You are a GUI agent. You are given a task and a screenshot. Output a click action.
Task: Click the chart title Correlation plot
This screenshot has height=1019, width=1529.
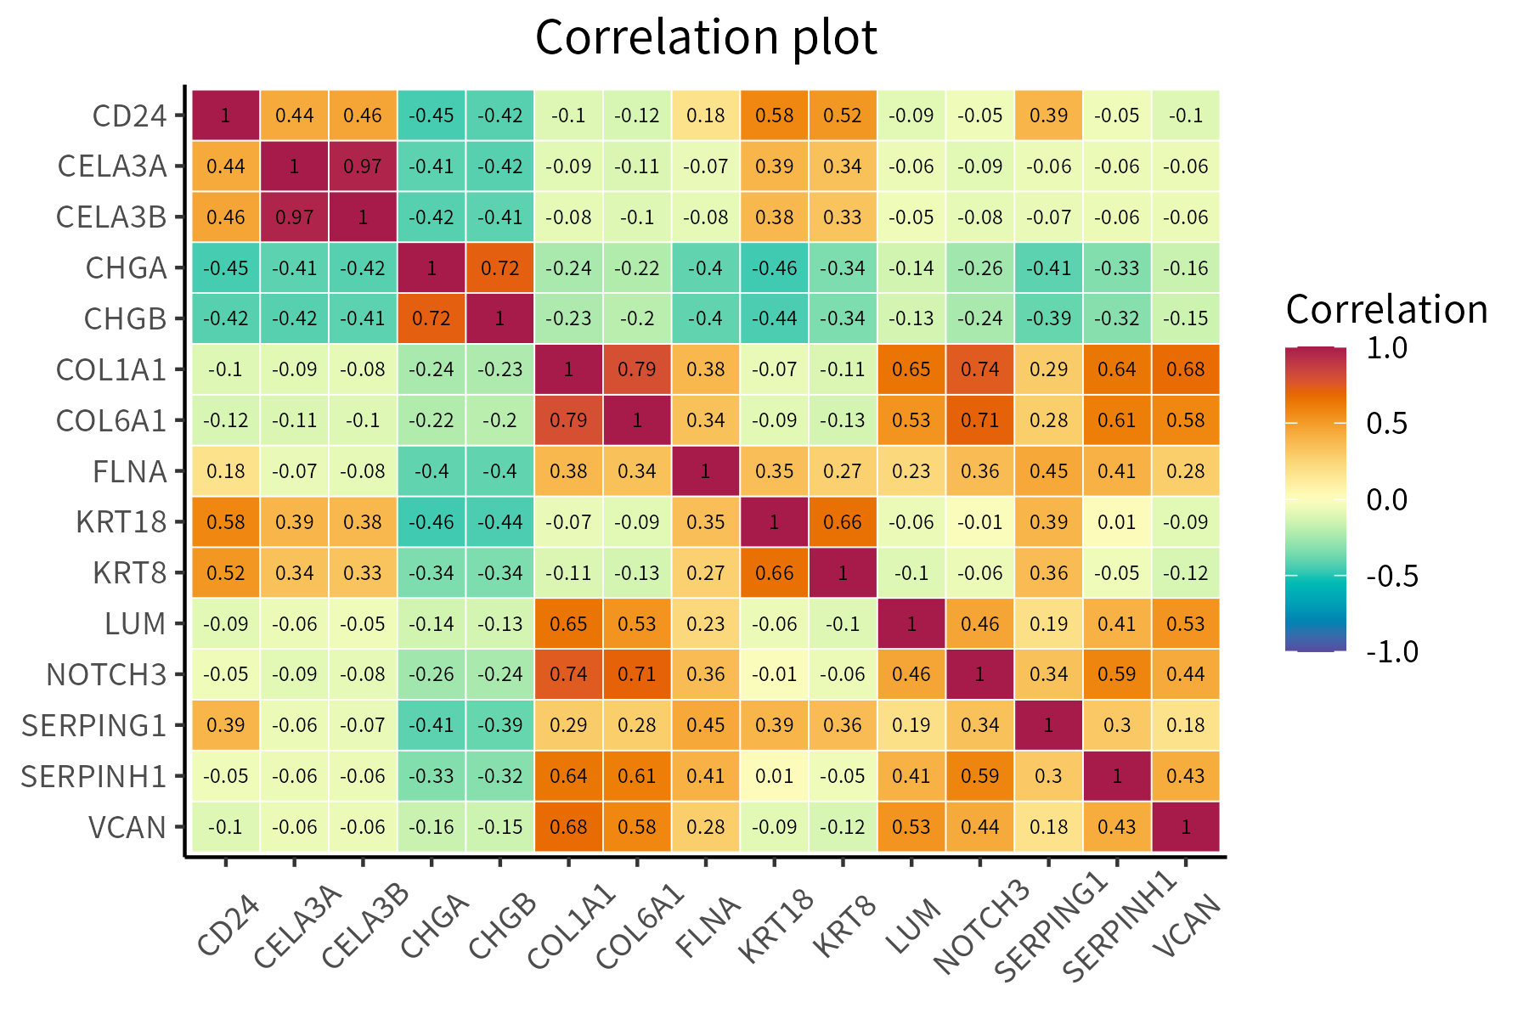click(706, 37)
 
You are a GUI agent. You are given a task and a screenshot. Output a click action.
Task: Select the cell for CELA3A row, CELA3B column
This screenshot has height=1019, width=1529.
click(363, 166)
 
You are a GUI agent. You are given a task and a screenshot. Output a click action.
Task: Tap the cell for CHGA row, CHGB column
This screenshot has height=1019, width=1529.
click(499, 268)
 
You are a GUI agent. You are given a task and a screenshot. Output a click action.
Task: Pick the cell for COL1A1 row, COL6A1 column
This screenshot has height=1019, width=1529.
click(637, 369)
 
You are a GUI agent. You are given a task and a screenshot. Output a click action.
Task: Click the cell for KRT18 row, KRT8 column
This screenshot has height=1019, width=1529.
click(843, 522)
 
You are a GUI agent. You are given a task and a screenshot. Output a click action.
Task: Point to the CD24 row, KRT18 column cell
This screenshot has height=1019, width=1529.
click(774, 115)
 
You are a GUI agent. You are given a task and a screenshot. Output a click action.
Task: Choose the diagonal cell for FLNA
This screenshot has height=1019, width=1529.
click(705, 471)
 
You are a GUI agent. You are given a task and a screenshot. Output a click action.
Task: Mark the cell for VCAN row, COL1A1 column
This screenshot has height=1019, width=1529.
click(568, 827)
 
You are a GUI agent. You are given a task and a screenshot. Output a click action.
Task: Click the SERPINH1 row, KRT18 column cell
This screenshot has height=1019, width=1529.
click(774, 776)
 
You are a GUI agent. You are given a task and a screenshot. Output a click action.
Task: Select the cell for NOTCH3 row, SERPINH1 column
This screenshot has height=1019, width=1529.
click(1117, 674)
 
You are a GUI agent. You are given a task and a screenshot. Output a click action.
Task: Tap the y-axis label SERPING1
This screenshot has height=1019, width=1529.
click(93, 726)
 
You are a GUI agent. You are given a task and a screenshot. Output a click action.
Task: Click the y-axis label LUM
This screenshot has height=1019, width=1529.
click(135, 624)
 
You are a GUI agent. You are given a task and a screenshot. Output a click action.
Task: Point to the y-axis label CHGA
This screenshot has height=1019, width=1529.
click(126, 268)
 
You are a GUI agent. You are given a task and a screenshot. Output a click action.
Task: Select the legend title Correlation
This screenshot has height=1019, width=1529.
click(1386, 310)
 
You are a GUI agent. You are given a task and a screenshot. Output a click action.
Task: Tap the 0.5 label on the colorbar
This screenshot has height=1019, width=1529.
click(1386, 423)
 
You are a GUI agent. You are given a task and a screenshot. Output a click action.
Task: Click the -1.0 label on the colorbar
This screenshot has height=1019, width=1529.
click(1391, 651)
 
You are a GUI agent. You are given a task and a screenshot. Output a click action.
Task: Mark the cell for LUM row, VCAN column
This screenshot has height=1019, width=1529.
click(1186, 624)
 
